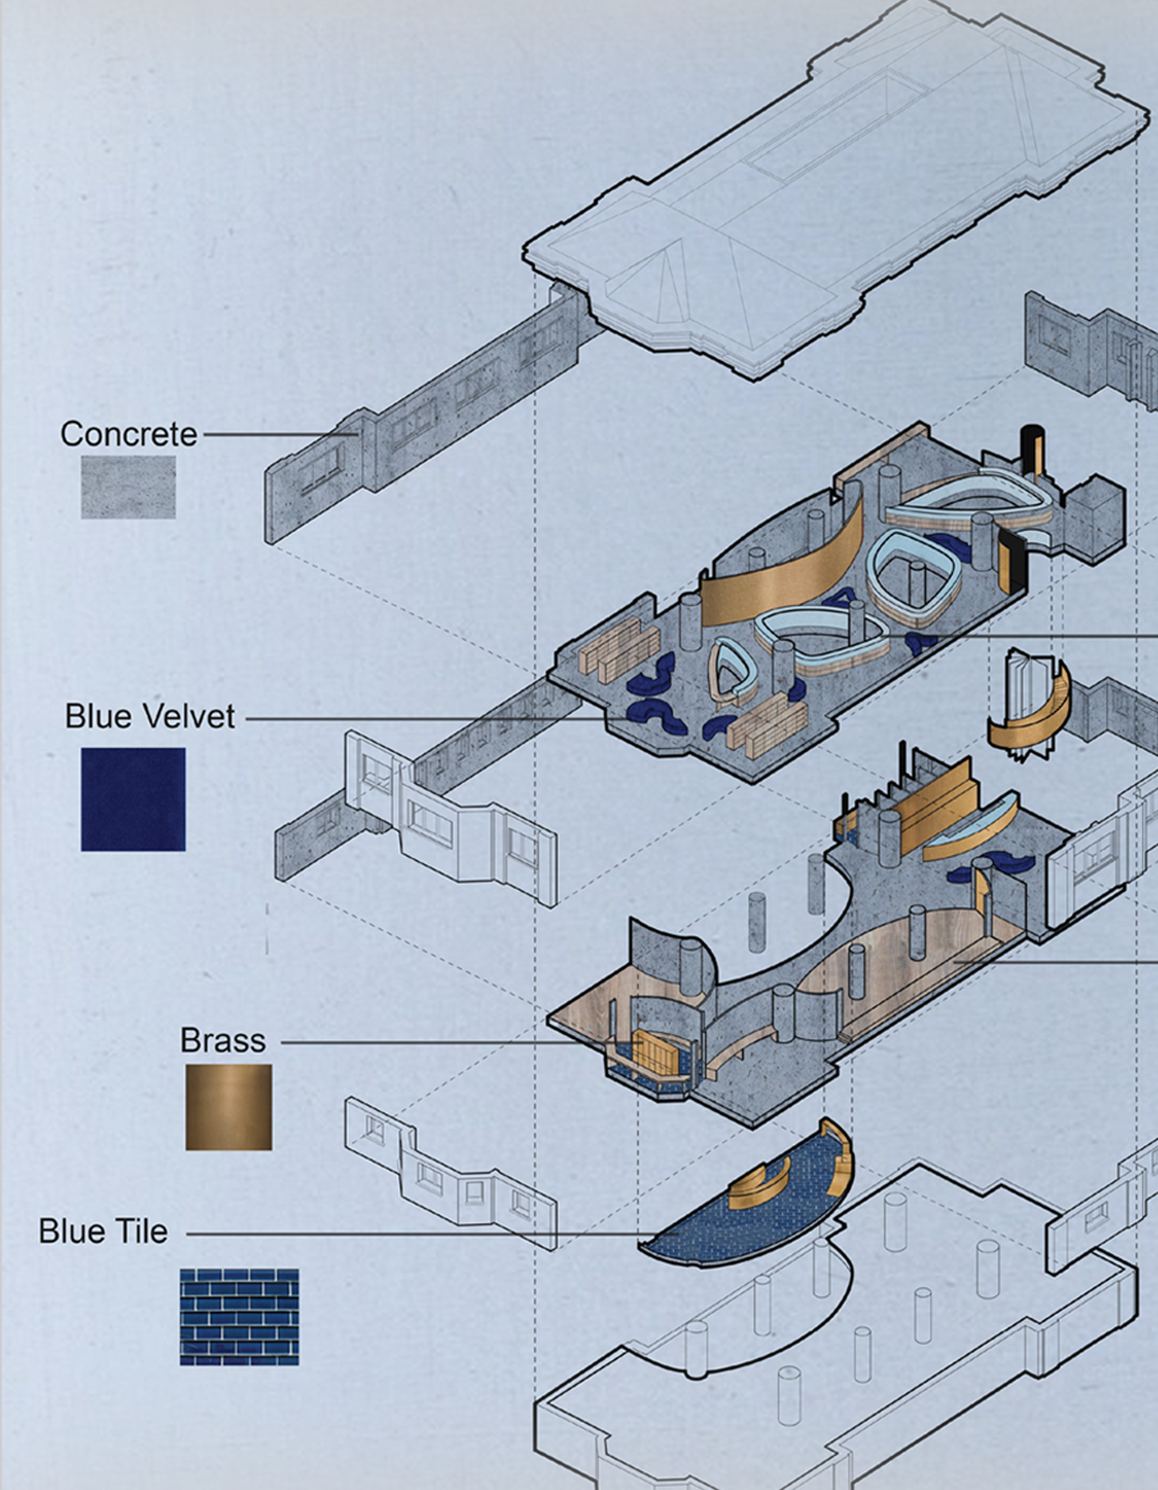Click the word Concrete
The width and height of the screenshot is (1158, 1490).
pos(128,434)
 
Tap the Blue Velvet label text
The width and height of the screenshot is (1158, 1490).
pos(150,716)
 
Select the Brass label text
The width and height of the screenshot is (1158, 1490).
pos(222,1040)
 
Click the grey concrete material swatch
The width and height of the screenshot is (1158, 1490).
pos(128,487)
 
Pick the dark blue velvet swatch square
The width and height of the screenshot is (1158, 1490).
pos(133,799)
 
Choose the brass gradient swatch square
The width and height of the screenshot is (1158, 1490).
pos(228,1106)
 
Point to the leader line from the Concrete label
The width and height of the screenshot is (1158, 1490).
pos(280,434)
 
